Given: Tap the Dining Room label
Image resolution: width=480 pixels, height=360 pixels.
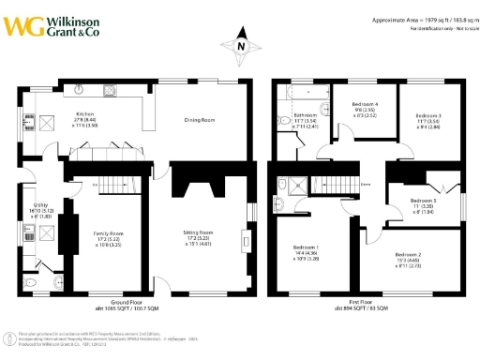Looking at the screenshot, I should coord(200,120).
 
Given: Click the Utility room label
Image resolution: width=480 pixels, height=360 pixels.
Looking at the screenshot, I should coord(39,204).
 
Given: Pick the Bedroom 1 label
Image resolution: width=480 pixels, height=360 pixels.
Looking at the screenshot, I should coord(306,248).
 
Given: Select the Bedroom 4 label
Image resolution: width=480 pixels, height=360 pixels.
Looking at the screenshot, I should coord(365,103).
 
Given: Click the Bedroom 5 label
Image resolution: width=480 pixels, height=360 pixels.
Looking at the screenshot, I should coord(421,200).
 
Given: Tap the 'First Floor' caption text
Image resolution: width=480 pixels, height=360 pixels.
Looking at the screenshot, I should coord(369,302).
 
